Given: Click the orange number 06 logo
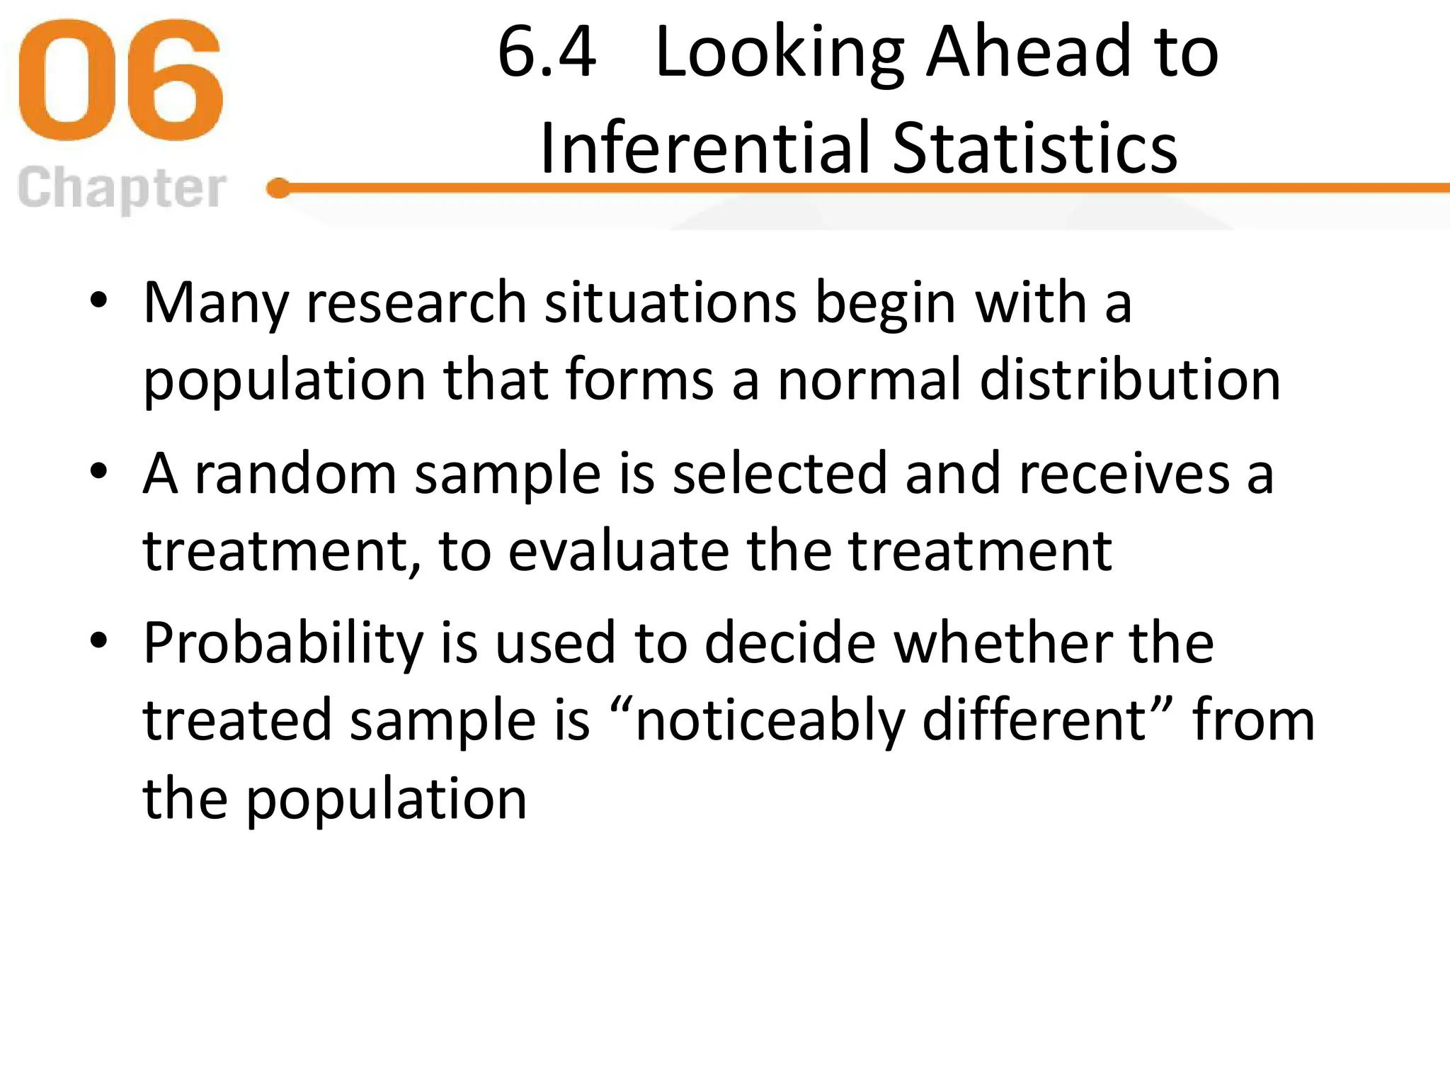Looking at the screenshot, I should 120,80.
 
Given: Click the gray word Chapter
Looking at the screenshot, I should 122,188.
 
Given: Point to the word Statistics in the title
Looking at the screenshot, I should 1034,147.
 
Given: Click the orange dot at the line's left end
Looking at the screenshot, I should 279,188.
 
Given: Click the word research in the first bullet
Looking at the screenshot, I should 416,303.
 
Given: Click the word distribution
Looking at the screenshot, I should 1130,380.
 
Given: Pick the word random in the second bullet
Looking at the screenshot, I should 295,473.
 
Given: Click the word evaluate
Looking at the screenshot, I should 619,551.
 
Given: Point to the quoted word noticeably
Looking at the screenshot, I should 770,721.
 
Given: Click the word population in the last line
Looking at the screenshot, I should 387,799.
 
